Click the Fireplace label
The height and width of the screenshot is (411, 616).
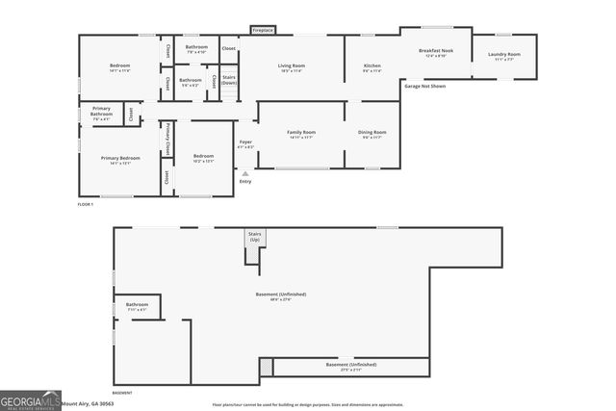[x=263, y=31]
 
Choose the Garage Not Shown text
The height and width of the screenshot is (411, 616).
[x=424, y=87]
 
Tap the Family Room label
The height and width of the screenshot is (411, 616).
[x=301, y=134]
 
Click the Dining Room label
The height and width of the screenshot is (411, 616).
[x=372, y=134]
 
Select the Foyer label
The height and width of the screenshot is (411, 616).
[x=245, y=144]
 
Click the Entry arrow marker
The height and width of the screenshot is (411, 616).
[x=244, y=173]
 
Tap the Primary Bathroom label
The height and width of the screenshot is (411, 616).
[x=103, y=112]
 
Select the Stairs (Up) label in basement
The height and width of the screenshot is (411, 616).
[x=255, y=236]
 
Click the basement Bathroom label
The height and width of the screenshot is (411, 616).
[x=137, y=306]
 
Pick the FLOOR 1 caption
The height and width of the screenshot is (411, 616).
[x=87, y=205]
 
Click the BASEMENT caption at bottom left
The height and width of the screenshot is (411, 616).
[x=122, y=393]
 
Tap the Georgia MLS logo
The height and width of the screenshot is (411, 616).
[x=30, y=401]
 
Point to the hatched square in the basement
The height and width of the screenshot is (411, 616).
[x=267, y=368]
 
